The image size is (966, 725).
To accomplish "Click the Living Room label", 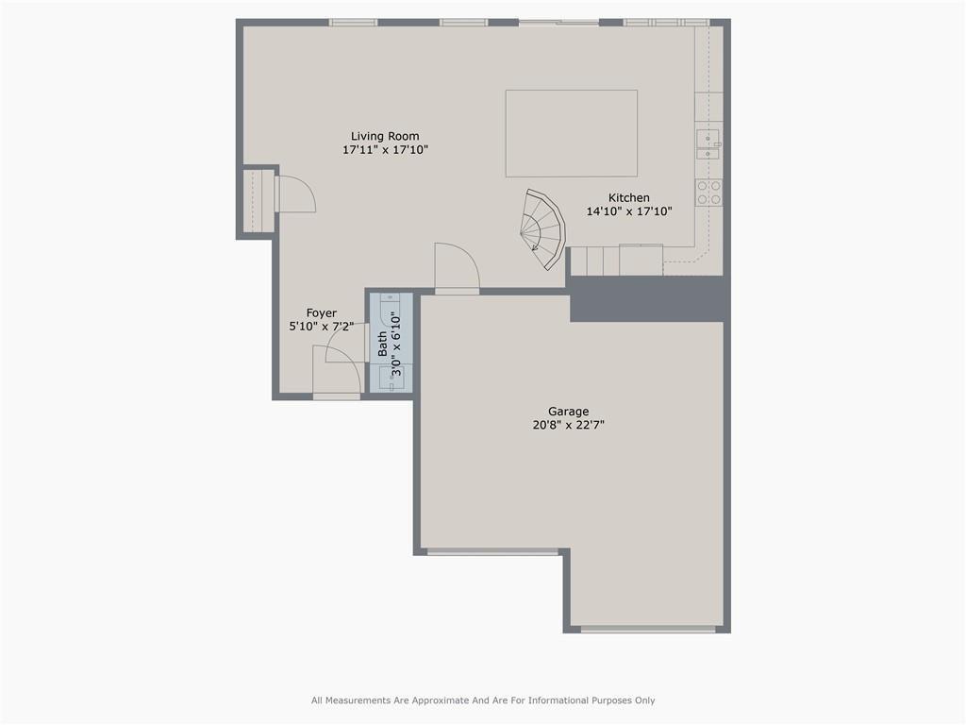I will click(385, 136).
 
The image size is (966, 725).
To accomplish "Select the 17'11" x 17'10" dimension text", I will click(385, 150).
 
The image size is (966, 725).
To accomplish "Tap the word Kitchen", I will click(628, 197).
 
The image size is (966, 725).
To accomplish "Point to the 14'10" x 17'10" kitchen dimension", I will click(628, 211).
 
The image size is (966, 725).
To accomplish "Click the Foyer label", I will click(321, 313).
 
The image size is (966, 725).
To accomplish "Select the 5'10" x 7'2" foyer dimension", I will click(321, 327).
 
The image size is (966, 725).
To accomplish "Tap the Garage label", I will click(568, 412).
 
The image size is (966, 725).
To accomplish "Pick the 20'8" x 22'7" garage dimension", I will click(568, 425).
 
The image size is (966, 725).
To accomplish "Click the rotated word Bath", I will click(383, 343).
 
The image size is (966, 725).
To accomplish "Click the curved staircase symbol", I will click(542, 228).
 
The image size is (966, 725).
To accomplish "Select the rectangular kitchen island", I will click(571, 133).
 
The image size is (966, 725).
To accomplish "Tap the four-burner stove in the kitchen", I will click(709, 193).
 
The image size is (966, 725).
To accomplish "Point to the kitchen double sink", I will click(707, 144).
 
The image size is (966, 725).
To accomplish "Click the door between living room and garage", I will click(458, 269).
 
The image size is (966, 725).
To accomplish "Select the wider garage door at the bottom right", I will click(647, 629).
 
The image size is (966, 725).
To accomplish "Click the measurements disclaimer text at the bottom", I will click(483, 700).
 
